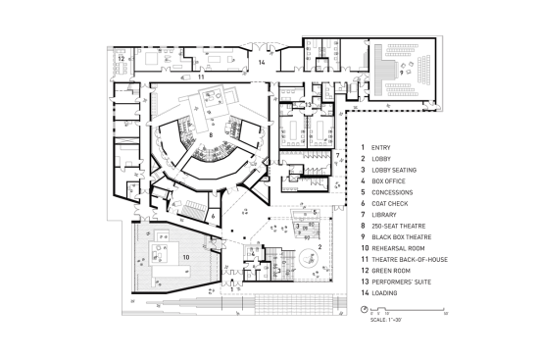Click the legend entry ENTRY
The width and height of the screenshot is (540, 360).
(x=380, y=147)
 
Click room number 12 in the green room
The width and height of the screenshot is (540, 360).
(x=121, y=59)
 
